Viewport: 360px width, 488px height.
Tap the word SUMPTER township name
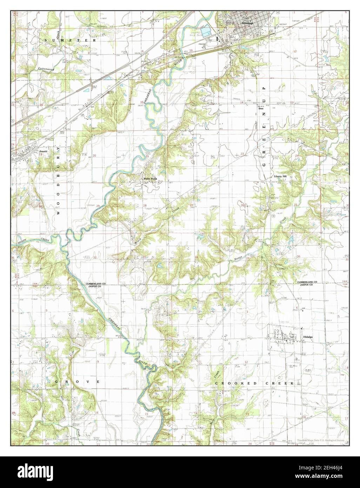tap(70, 41)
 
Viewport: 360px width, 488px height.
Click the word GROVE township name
tap(77, 381)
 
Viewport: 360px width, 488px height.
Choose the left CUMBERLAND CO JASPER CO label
tap(96, 285)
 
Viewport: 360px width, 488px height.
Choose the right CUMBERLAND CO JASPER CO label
tap(307, 284)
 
